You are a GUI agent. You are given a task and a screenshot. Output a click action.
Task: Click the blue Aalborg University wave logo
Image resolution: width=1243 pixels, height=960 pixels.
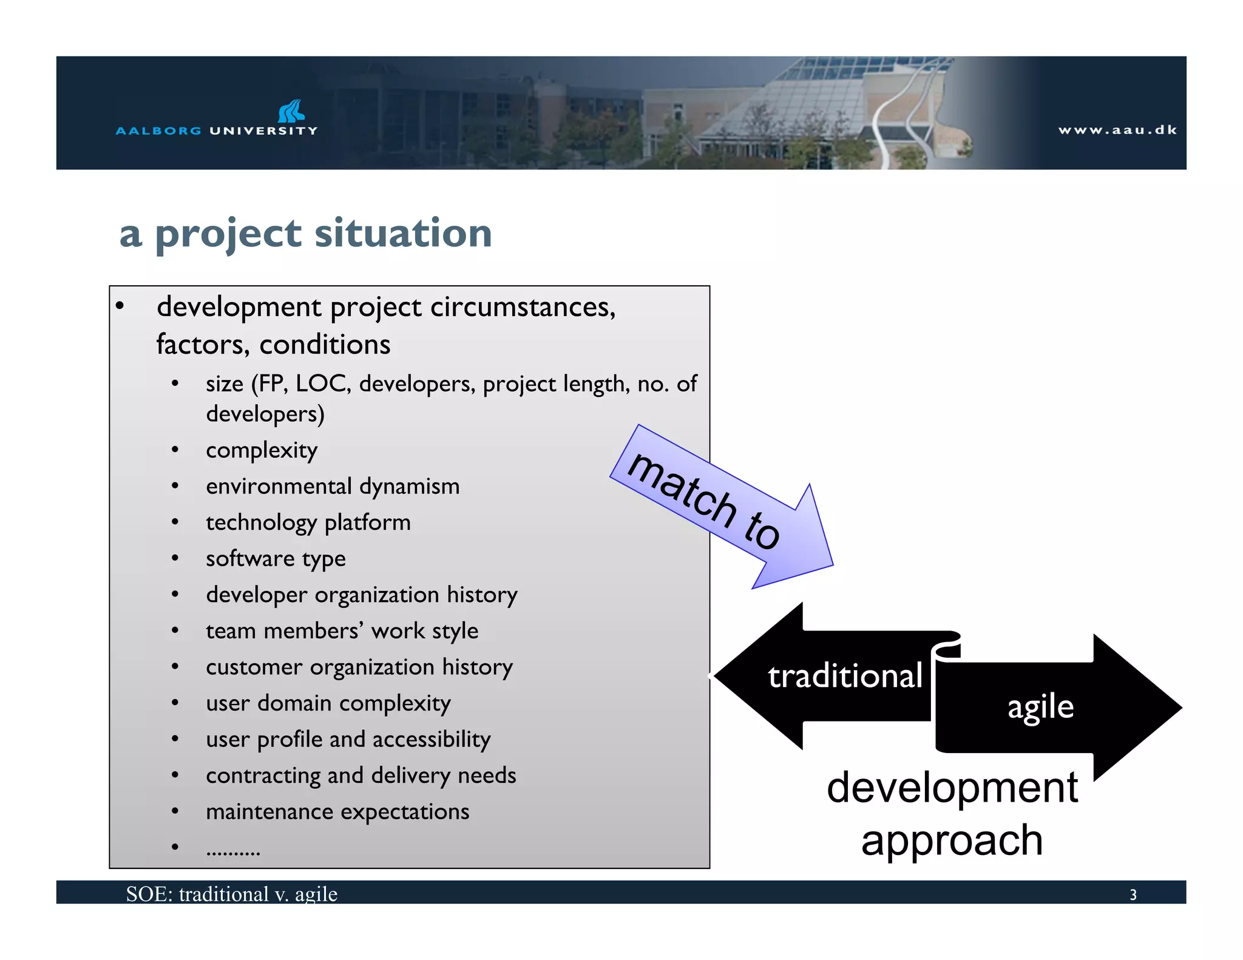291,111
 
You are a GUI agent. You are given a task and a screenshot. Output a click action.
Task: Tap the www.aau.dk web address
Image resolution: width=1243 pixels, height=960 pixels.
1117,130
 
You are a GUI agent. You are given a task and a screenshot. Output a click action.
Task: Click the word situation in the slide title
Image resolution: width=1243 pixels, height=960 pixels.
403,233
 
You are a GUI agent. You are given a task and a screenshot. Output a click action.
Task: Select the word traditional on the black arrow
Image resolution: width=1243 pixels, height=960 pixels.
845,676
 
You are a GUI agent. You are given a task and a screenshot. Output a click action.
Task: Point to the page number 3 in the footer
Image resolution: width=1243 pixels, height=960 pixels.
1133,894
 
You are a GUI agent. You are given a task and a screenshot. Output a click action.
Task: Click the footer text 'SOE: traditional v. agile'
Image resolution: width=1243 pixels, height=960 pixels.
231,894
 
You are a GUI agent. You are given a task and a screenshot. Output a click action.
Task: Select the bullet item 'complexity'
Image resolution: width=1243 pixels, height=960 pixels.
262,450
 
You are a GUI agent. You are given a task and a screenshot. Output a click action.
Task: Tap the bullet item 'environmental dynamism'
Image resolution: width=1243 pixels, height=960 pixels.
333,486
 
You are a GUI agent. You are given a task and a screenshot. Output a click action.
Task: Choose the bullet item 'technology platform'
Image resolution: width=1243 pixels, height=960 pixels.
308,522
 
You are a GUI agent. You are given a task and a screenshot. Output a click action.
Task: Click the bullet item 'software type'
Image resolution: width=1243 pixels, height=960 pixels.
276,558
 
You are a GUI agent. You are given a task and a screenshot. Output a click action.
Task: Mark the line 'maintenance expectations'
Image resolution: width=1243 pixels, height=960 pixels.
337,811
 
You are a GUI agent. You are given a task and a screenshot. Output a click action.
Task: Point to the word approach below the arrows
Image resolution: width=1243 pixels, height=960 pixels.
952,841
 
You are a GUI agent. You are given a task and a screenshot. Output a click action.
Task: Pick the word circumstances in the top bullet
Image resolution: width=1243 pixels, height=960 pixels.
523,307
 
